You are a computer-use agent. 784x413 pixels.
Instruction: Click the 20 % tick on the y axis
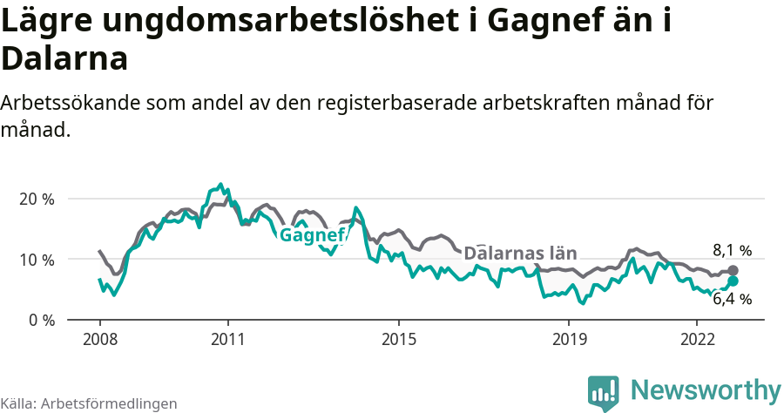36,199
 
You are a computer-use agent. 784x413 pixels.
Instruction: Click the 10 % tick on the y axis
36,260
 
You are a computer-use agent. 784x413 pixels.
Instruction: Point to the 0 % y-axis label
40,320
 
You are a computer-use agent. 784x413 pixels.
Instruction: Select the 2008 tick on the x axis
99,337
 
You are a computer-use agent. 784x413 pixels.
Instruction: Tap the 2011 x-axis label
227,337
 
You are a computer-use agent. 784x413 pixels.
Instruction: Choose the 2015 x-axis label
398,337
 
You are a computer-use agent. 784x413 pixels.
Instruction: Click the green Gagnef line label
312,236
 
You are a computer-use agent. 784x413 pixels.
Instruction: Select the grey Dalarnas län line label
520,254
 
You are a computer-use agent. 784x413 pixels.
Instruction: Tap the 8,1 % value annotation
732,251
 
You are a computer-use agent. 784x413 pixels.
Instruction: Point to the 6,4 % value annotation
732,299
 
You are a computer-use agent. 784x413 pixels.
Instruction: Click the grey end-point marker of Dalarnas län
733,271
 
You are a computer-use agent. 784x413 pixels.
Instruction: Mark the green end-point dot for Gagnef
733,281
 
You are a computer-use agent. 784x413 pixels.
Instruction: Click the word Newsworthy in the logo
706,389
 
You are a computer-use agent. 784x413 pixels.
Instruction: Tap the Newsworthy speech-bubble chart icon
604,392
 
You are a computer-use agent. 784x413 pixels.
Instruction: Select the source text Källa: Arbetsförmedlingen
89,403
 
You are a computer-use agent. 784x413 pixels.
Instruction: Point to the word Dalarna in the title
65,59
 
